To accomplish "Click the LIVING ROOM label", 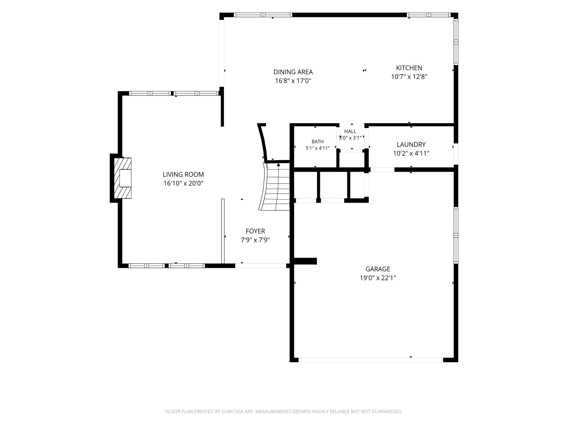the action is pyautogui.click(x=183, y=175).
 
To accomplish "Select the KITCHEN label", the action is pyautogui.click(x=409, y=68).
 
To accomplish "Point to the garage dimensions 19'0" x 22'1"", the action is pyautogui.click(x=378, y=278).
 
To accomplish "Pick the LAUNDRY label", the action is pyautogui.click(x=411, y=145).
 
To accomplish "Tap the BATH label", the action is pyautogui.click(x=318, y=142).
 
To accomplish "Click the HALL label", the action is pyautogui.click(x=350, y=131).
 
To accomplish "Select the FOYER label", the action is pyautogui.click(x=255, y=231).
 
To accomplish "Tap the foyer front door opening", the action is pyautogui.click(x=261, y=266).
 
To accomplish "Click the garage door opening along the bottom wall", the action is pyautogui.click(x=371, y=360).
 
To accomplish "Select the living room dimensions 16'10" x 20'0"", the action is pyautogui.click(x=183, y=183).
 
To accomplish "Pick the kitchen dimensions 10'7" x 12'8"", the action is pyautogui.click(x=409, y=77).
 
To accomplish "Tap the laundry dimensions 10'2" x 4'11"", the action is pyautogui.click(x=411, y=153).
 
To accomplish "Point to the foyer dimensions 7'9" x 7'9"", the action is pyautogui.click(x=255, y=240).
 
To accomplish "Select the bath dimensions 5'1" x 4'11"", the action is pyautogui.click(x=318, y=148).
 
